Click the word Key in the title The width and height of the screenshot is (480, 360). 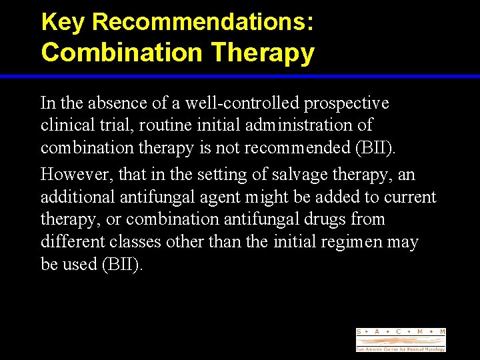coord(64,22)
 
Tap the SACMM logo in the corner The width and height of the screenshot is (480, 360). coord(401,339)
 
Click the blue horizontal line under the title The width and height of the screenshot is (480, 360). coord(240,77)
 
